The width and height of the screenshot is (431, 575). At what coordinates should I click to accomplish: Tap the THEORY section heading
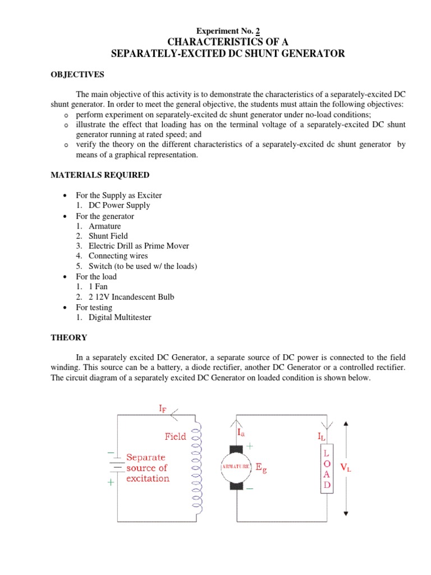coord(69,337)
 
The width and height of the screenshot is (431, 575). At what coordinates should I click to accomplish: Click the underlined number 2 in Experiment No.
coord(257,31)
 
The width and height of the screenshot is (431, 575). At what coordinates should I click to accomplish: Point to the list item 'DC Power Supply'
coord(119,206)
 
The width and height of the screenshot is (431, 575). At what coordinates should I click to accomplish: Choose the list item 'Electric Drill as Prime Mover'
coord(139,246)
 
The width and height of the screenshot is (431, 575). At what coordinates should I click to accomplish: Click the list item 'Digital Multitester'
coord(120,317)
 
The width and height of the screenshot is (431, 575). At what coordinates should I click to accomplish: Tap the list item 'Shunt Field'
coord(108,236)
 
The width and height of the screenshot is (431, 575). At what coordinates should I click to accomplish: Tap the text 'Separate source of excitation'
coord(147,468)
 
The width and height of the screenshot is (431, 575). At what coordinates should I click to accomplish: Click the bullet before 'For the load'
coord(67,277)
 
